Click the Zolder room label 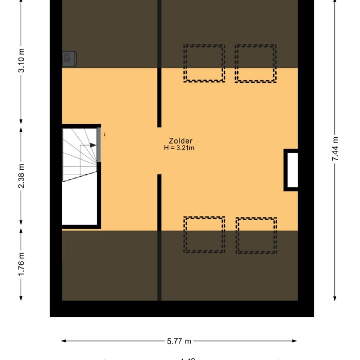click(181, 141)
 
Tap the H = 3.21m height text click(179, 148)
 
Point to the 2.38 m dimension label click(22, 176)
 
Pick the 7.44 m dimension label click(335, 150)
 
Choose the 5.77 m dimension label click(179, 340)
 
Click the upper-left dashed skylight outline click(204, 63)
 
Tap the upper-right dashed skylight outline click(256, 63)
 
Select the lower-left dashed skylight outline click(204, 235)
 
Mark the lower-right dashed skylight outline click(256, 235)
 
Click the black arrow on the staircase click(92, 146)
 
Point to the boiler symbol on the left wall click(69, 59)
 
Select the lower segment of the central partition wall click(159, 237)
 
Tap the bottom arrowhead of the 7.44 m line click(335, 298)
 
